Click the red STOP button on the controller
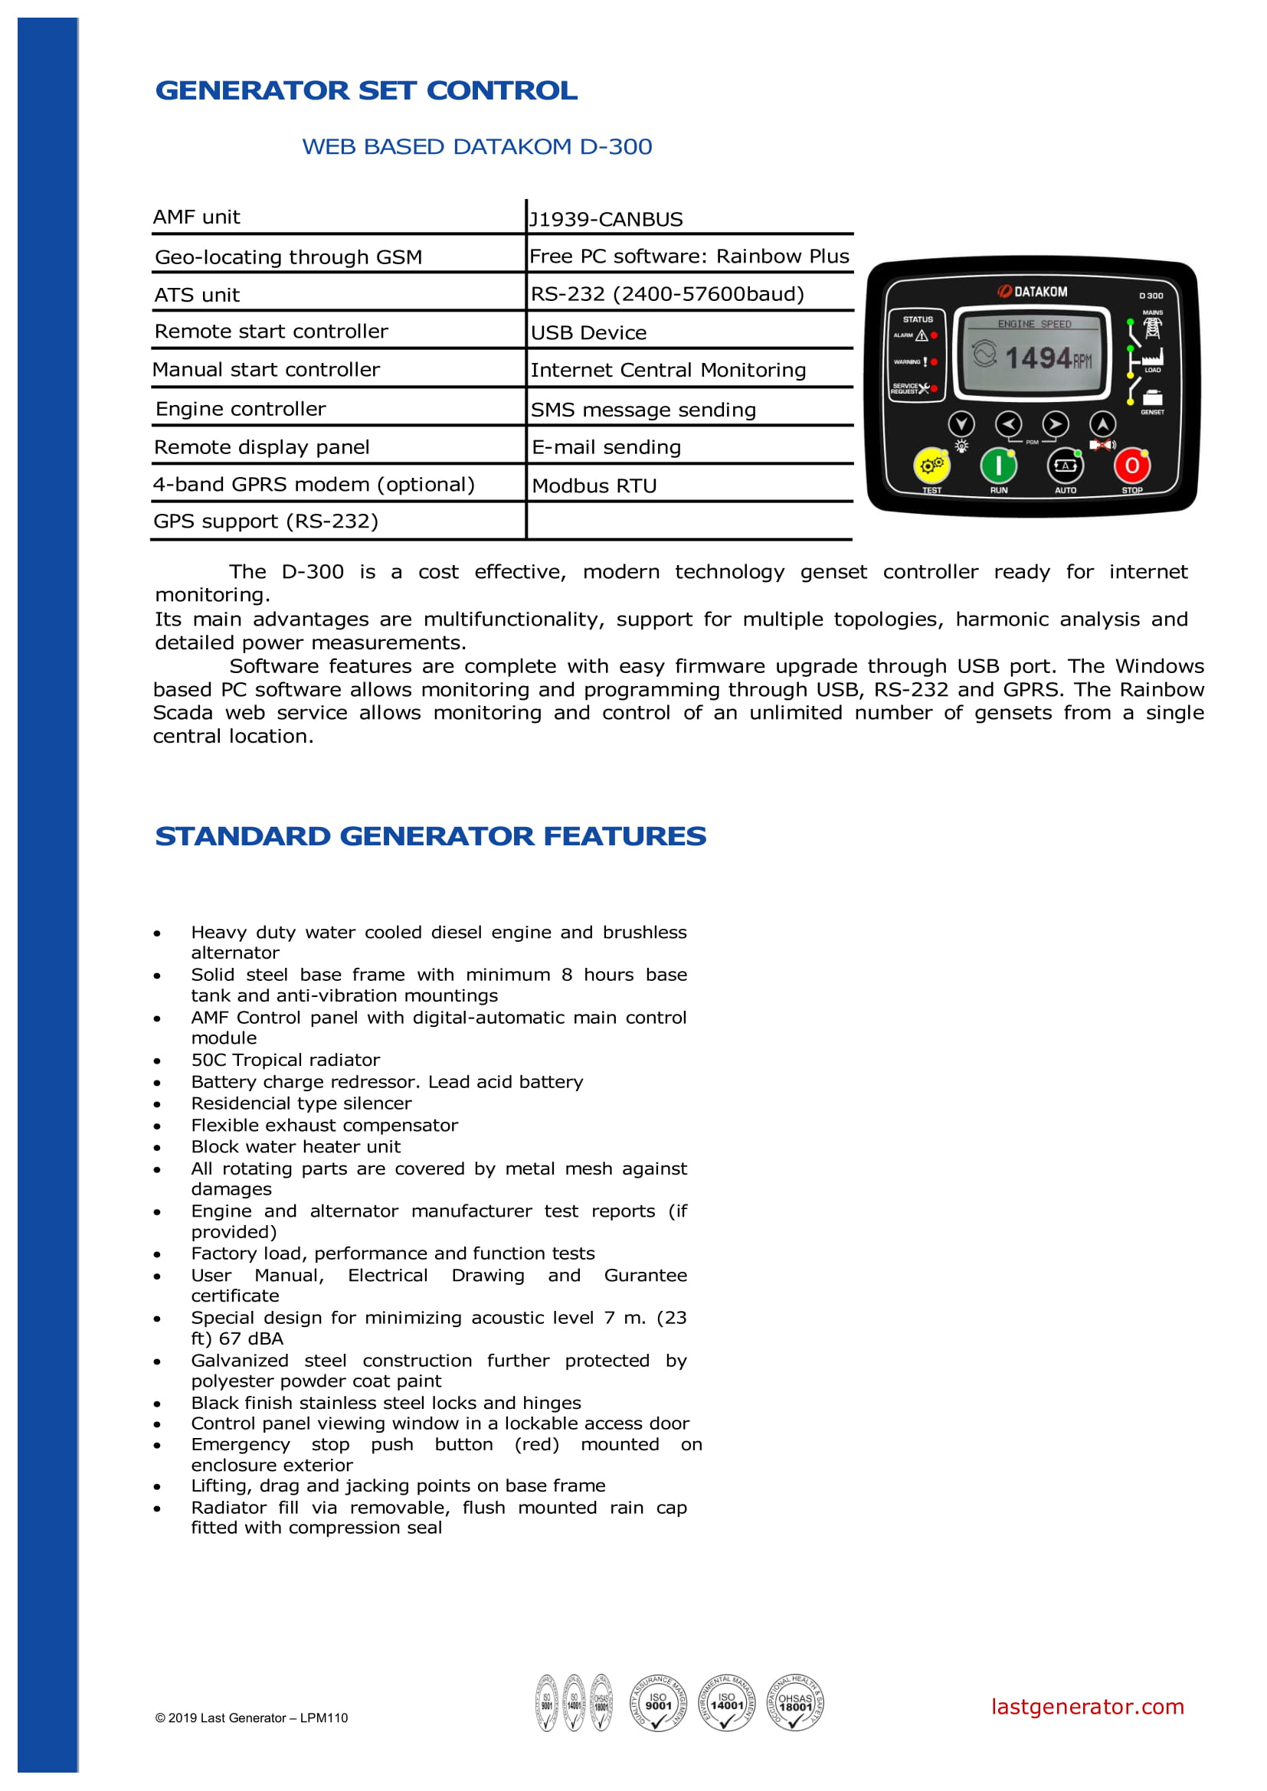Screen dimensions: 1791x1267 1131,466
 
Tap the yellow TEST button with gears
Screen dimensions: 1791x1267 931,466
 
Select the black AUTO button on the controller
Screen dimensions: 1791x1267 1065,466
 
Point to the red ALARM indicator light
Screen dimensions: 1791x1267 934,335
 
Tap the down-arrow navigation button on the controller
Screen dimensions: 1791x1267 961,423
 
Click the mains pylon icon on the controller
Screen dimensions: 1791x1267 1152,327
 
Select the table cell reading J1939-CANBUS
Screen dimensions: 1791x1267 606,219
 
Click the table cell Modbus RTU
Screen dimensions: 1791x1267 594,486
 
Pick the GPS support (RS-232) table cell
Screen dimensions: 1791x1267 266,521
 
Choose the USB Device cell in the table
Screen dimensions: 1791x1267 589,333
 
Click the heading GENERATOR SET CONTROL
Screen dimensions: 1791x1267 366,90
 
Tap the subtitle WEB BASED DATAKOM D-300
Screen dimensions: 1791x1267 476,147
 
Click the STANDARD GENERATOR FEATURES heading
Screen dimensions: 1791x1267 430,836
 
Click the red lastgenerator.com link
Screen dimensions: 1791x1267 1087,1708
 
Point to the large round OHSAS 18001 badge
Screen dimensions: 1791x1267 795,1703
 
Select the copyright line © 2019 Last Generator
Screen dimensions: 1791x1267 251,1717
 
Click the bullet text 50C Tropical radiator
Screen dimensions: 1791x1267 286,1060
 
